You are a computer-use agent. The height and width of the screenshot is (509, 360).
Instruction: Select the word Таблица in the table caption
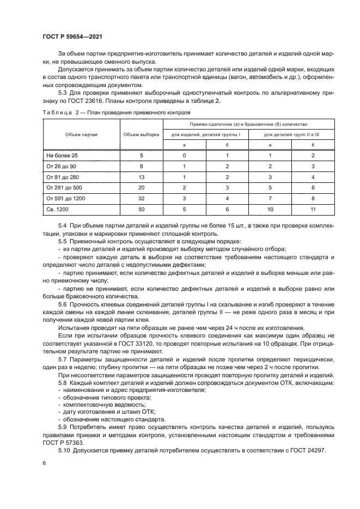point(57,112)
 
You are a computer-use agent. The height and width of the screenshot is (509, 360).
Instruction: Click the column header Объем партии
point(81,134)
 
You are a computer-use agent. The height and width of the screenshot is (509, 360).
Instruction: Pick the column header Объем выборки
point(141,134)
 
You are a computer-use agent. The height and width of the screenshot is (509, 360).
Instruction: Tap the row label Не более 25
point(62,155)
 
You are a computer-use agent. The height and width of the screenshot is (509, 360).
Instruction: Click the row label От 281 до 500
point(65,188)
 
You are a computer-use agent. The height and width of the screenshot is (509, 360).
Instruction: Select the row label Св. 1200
point(59,209)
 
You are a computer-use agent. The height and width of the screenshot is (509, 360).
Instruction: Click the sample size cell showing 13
point(141,177)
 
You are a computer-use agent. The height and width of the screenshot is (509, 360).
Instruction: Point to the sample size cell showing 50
point(141,209)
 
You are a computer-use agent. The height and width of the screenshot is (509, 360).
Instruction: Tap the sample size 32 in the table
point(141,198)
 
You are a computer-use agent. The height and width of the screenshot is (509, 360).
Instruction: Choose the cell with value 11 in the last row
point(313,209)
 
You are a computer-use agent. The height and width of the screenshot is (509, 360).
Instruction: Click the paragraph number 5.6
point(63,305)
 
